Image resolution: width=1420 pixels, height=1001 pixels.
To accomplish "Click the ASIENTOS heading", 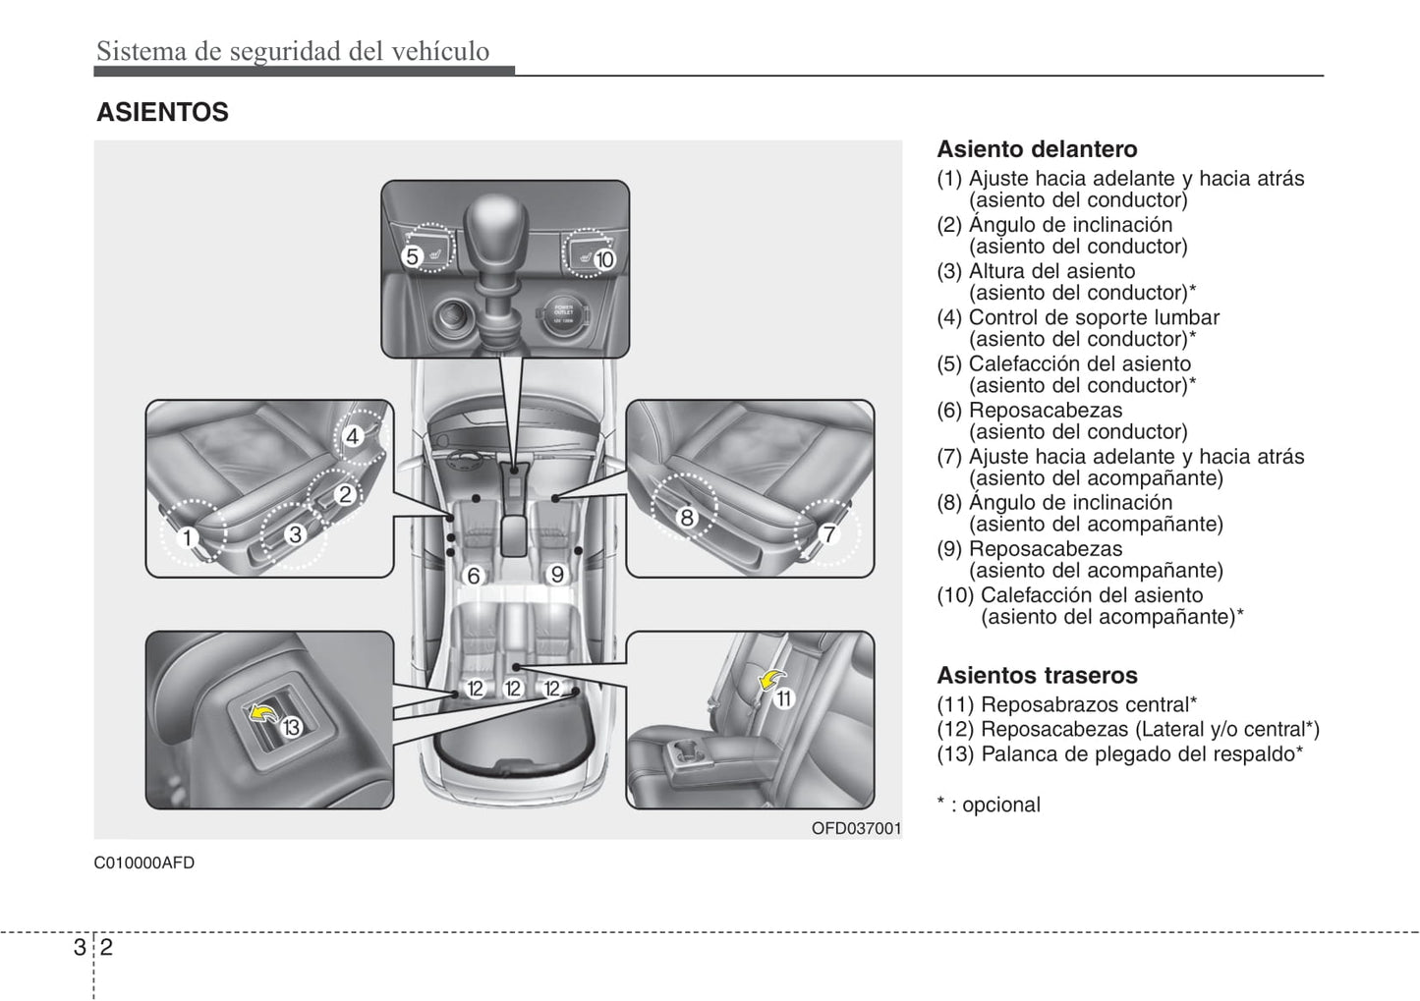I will coord(162,113).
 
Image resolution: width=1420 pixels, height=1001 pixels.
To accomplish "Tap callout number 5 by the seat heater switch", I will coord(413,256).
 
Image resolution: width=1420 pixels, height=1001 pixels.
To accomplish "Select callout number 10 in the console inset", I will coord(603,258).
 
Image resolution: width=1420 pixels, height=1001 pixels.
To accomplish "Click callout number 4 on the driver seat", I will coord(352,436).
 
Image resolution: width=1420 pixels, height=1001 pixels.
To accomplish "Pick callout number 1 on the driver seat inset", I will coord(187,537).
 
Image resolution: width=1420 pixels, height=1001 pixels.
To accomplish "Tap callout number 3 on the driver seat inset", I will coord(295,534).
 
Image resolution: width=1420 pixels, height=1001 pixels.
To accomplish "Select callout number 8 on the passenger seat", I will coord(687,517).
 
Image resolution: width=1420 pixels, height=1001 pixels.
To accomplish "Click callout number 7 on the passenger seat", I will coord(828,534).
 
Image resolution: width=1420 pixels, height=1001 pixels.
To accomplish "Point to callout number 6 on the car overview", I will coord(473,575).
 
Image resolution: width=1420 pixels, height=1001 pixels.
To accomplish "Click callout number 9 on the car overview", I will coord(556,574).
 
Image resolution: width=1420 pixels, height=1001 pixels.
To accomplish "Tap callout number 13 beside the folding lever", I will coord(291,728).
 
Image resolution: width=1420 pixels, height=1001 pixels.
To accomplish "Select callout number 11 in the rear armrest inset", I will coord(783,698).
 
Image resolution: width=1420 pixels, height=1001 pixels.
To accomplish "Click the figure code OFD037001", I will coord(855,829).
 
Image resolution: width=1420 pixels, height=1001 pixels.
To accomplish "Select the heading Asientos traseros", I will coord(1037,676).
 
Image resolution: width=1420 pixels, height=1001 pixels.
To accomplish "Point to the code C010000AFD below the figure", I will coord(144,863).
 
